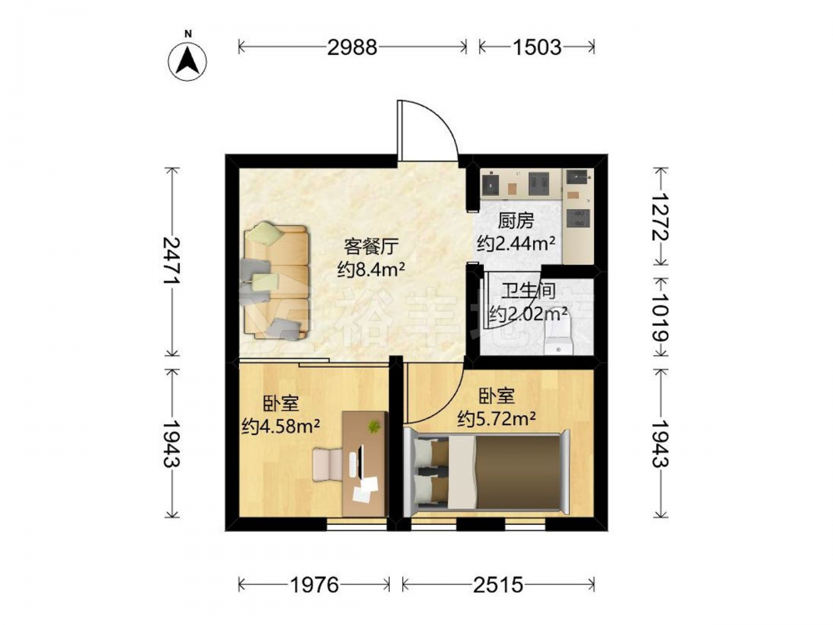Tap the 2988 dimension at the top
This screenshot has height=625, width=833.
[352, 47]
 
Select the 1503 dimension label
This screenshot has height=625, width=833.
[536, 47]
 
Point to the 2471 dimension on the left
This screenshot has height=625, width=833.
[172, 262]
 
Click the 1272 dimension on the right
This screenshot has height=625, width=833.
[661, 217]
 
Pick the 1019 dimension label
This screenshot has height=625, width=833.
[661, 317]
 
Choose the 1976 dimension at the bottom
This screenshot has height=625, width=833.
[314, 585]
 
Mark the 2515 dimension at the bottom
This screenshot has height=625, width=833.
[498, 585]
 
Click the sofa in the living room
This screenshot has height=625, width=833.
[275, 281]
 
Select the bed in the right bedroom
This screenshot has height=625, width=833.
[487, 472]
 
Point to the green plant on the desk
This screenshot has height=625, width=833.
[375, 426]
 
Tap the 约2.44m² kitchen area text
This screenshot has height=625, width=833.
[516, 243]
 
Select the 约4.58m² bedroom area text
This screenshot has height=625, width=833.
[281, 426]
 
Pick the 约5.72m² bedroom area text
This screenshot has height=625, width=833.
[496, 419]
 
